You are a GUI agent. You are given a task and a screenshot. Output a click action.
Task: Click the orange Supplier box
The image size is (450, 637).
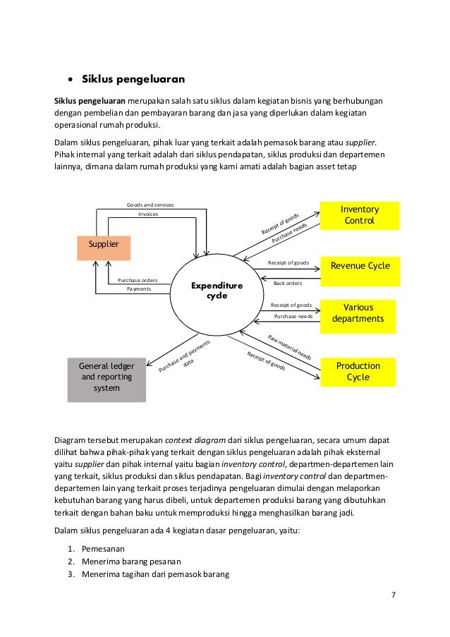coord(104,244)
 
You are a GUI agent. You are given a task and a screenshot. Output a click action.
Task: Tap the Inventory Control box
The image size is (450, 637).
coord(360,215)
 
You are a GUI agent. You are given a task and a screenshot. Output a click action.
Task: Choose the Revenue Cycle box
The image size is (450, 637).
coord(360,265)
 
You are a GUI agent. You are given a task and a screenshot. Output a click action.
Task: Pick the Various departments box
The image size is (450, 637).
coord(358,313)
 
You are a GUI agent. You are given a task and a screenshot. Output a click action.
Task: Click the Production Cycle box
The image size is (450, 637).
coord(358,371)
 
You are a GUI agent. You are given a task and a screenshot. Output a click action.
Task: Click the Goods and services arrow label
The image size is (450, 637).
coord(150,205)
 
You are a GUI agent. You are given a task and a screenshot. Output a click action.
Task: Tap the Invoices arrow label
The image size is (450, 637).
coord(148,214)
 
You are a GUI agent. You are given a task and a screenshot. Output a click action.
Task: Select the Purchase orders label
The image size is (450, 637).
coord(138,280)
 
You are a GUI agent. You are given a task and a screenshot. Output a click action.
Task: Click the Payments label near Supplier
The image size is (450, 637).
coord(139,289)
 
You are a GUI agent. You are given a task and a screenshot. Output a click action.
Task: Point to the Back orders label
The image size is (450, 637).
coord(287,283)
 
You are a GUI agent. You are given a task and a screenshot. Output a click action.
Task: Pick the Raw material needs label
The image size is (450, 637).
coord(290,346)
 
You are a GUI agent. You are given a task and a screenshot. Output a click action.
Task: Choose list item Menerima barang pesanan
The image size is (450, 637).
coord(131,561)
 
